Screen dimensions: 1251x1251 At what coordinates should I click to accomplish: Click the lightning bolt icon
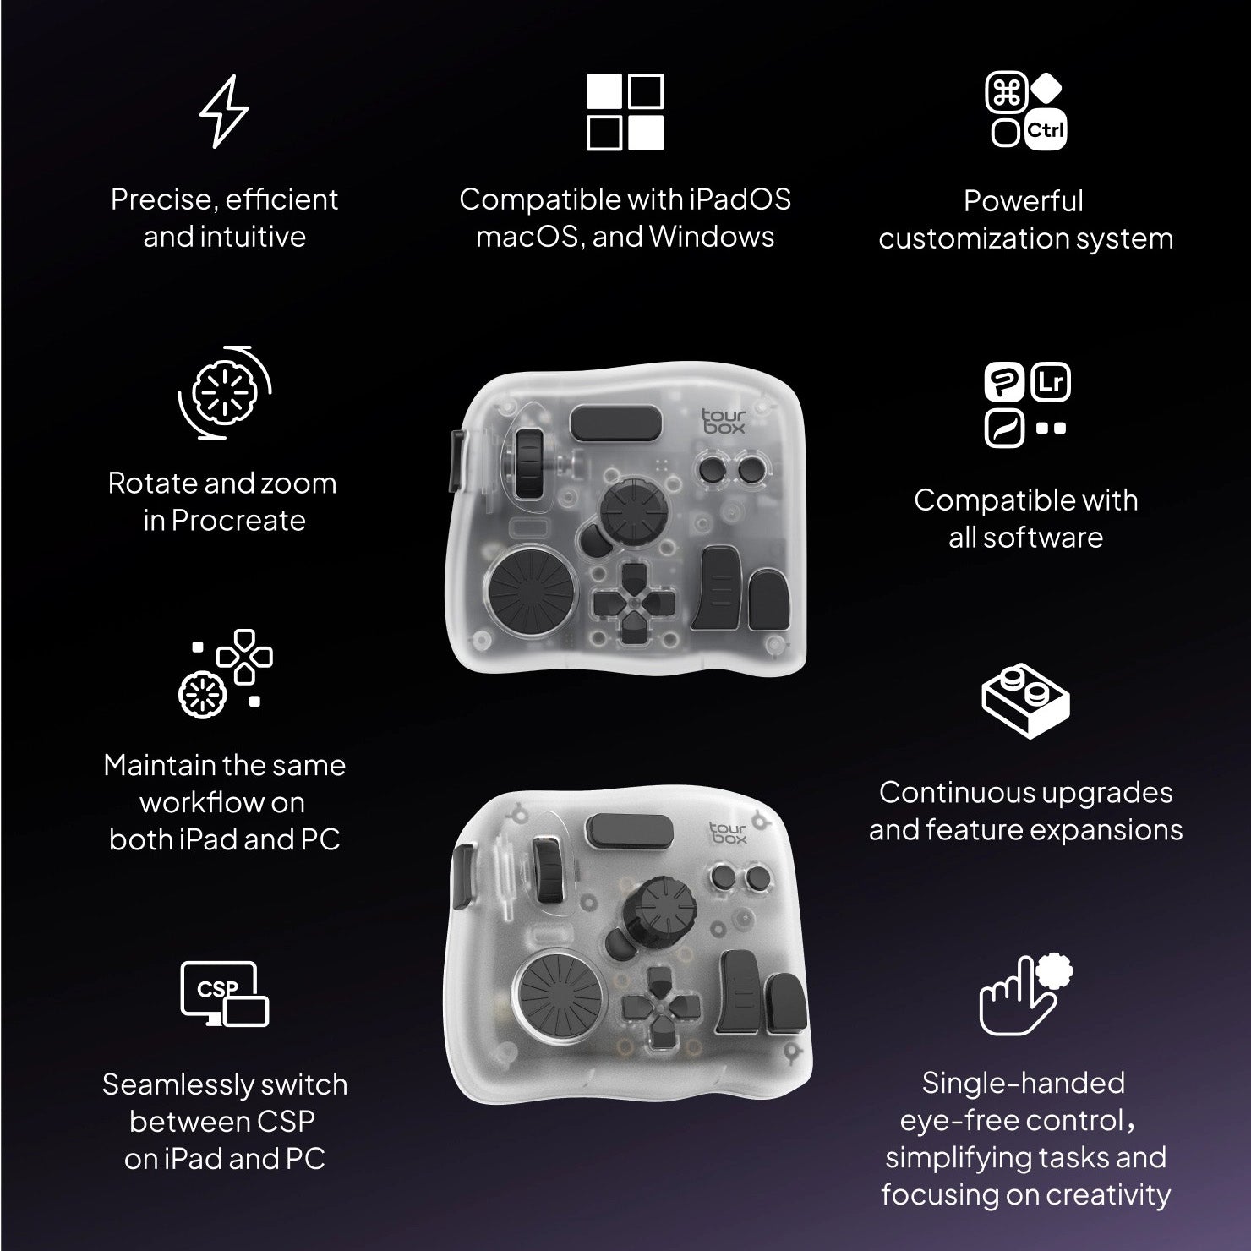[x=224, y=112]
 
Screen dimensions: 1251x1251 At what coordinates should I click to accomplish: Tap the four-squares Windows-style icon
[x=625, y=112]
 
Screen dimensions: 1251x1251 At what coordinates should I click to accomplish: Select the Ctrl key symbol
[x=1046, y=131]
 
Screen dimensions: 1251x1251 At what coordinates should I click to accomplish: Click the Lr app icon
[x=1051, y=382]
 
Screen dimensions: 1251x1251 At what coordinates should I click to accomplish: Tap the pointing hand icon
[x=1024, y=995]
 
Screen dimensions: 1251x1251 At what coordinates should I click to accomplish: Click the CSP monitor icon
[x=224, y=994]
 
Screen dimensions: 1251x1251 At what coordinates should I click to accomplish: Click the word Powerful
[x=1024, y=201]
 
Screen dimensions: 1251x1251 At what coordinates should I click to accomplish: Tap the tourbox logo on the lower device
[x=729, y=833]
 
